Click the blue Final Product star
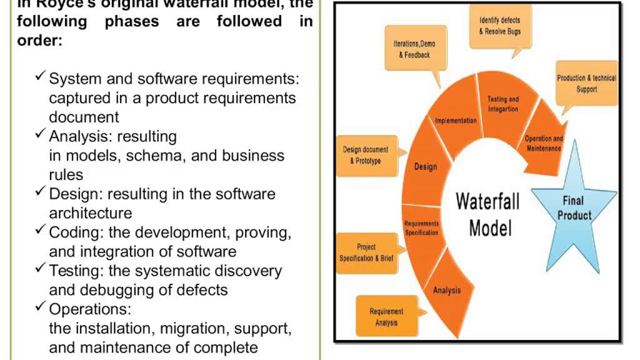coord(573,207)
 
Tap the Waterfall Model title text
coord(488,215)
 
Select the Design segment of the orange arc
coord(425,166)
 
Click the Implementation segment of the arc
coord(455,121)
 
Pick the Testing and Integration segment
coord(502,104)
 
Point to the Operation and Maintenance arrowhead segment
coord(543,143)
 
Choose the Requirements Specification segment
coord(422,228)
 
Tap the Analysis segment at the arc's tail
coord(446,290)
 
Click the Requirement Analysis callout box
coord(386,316)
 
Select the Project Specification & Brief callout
coord(366,252)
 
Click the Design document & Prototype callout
coord(365,155)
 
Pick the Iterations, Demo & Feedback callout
coord(414,49)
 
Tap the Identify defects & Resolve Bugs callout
coord(500,25)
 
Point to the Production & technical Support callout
coord(586,83)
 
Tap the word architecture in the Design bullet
coord(90,213)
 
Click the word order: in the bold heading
coord(39,40)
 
